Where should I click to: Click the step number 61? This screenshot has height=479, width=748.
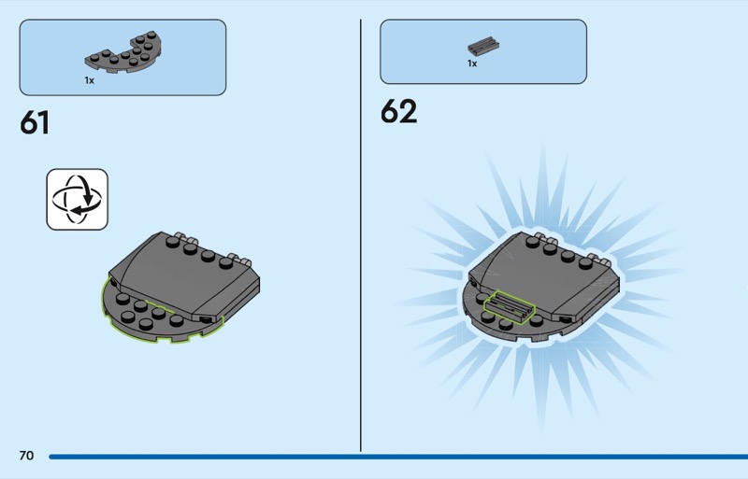click(35, 123)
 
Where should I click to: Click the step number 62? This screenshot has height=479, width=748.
click(399, 111)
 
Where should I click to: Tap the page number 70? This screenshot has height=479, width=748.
click(27, 456)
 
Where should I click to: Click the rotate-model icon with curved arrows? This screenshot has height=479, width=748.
click(78, 199)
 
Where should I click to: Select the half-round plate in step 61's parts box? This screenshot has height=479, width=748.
click(123, 52)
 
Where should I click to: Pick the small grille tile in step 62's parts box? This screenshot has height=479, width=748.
click(483, 47)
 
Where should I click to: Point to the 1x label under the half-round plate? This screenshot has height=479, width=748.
click(89, 80)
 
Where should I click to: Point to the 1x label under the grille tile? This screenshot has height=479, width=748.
click(472, 63)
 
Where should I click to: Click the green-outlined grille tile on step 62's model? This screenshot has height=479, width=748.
click(509, 307)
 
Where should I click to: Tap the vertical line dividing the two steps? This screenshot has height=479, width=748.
click(361, 235)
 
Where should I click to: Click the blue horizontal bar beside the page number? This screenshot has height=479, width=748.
click(398, 457)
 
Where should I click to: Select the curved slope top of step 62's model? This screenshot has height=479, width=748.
click(544, 276)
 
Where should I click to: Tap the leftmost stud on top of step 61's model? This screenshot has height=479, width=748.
click(173, 242)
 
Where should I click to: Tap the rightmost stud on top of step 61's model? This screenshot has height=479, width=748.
click(225, 262)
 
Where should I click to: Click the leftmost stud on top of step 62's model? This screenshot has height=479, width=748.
click(533, 242)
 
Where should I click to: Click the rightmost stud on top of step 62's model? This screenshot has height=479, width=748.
click(585, 262)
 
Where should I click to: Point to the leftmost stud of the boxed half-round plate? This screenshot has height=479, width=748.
click(94, 57)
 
